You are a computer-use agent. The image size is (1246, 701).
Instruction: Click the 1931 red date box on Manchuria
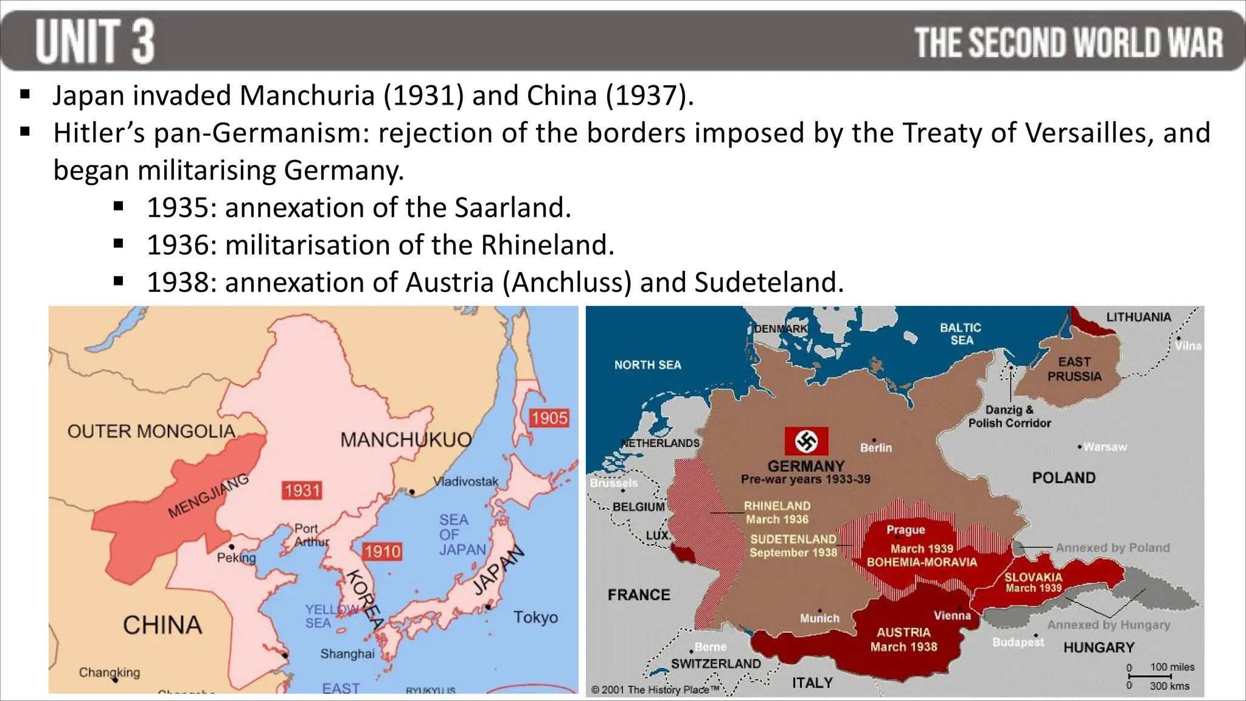(x=302, y=490)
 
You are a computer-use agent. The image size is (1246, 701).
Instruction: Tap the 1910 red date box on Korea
(x=382, y=551)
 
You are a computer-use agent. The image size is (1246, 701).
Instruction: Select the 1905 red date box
(x=549, y=418)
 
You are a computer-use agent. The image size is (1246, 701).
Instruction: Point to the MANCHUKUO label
(x=406, y=439)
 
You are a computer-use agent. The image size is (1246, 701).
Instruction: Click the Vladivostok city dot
(x=412, y=492)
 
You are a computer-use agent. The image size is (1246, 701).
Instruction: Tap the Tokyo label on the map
(x=535, y=617)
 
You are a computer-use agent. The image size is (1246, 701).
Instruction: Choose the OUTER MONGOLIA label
(x=151, y=431)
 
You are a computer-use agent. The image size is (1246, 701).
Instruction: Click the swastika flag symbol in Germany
(x=806, y=441)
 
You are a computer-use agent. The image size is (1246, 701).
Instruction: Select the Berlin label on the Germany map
(x=875, y=448)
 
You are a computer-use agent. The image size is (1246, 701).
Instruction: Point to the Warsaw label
(x=1105, y=447)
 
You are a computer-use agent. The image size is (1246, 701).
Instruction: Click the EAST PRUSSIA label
(x=1074, y=369)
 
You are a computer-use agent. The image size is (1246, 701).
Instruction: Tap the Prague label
(x=905, y=530)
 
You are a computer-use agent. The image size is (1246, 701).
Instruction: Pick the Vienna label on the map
(x=952, y=616)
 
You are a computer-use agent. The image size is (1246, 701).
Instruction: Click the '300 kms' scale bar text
(x=1169, y=686)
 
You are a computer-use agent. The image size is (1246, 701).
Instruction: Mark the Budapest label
(x=1018, y=642)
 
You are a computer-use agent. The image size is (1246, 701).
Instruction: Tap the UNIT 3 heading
(x=95, y=41)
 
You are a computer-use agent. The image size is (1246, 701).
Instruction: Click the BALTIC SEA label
(x=961, y=333)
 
